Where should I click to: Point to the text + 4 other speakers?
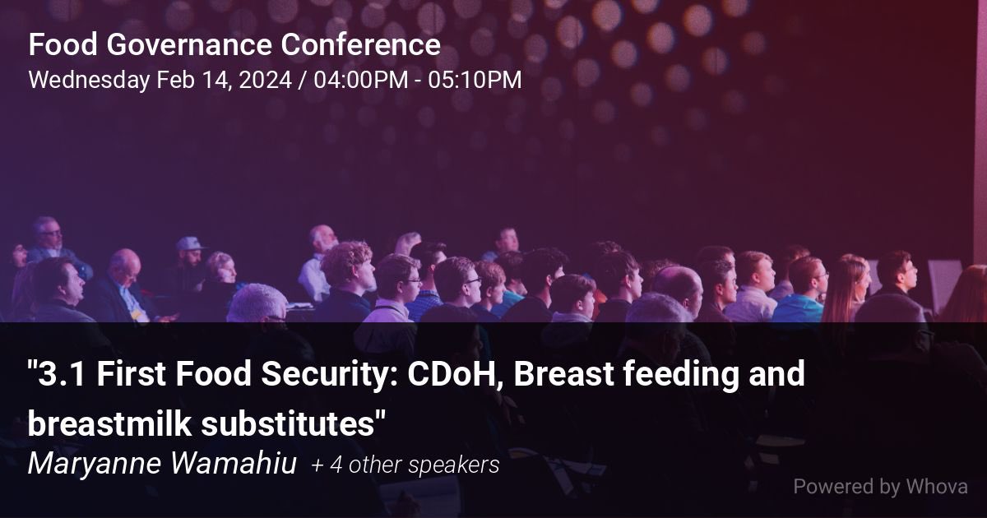click(x=405, y=465)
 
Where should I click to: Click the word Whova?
click(x=937, y=487)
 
